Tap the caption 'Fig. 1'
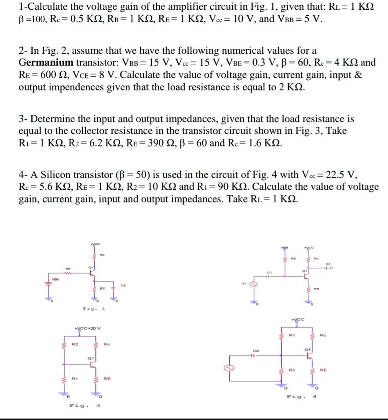tap(94, 309)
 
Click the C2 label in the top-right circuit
tap(327, 264)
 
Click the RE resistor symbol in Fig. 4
tap(312, 371)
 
